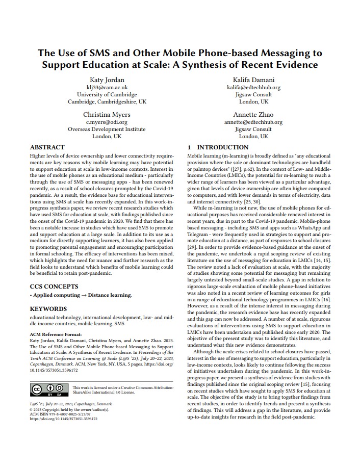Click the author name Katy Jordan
coord(107,80)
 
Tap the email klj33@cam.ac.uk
coord(107,87)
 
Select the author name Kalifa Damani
coord(253,80)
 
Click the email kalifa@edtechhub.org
coord(253,87)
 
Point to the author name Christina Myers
coord(107,114)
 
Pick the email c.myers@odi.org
coord(107,122)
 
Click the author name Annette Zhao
coord(253,114)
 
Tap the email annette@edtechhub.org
coord(253,122)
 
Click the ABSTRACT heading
coord(47,147)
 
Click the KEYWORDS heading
coord(48,309)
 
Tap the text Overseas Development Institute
coord(107,129)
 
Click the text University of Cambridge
coord(107,95)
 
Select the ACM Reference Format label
coord(58,334)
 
